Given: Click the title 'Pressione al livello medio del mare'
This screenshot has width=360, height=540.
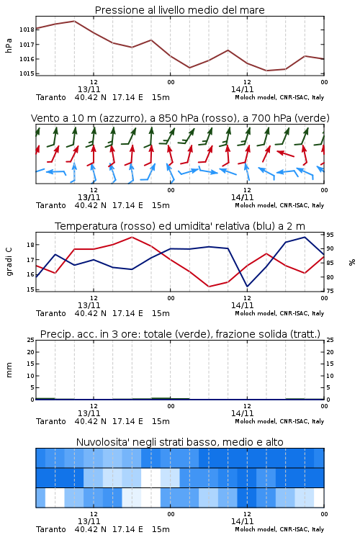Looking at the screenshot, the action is tap(179, 10).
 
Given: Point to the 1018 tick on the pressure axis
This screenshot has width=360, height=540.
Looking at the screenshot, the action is tap(27, 30).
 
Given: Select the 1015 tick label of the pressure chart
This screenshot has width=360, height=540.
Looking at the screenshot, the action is tap(27, 73).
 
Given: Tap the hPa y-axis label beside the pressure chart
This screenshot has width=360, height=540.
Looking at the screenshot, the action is tap(9, 45).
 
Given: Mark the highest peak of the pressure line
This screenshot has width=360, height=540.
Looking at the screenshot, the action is tap(74, 21).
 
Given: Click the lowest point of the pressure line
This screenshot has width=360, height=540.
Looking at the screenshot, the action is tap(266, 71).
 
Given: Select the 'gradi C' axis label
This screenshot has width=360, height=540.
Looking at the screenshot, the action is tap(9, 262).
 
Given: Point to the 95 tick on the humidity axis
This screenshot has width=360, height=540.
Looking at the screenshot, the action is tap(330, 235).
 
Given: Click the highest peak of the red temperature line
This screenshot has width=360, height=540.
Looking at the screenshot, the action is tap(132, 237).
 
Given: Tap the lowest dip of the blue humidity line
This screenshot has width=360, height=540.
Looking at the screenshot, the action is tap(248, 287).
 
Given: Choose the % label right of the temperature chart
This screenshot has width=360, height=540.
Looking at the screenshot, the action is tap(352, 262).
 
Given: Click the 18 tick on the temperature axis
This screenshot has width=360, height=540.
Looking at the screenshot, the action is tap(30, 245).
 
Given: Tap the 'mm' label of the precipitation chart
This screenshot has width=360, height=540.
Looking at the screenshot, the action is tap(9, 370).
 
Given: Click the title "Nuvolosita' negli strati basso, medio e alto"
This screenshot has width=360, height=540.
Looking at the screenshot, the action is tap(179, 442).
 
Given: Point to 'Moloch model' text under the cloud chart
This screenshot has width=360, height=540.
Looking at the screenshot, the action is tap(256, 529).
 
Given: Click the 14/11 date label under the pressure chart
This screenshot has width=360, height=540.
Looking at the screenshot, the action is tap(242, 89).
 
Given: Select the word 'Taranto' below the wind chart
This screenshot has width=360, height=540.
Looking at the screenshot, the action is tap(51, 205).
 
